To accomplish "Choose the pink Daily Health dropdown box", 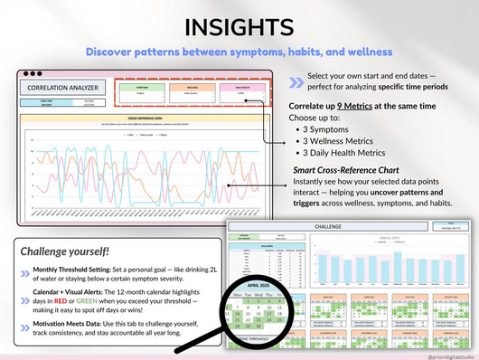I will click(x=240, y=88).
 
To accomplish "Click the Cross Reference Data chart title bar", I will click(x=145, y=118).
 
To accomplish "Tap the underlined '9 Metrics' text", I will click(x=359, y=105).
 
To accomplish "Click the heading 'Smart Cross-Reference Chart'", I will click(x=354, y=170).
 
